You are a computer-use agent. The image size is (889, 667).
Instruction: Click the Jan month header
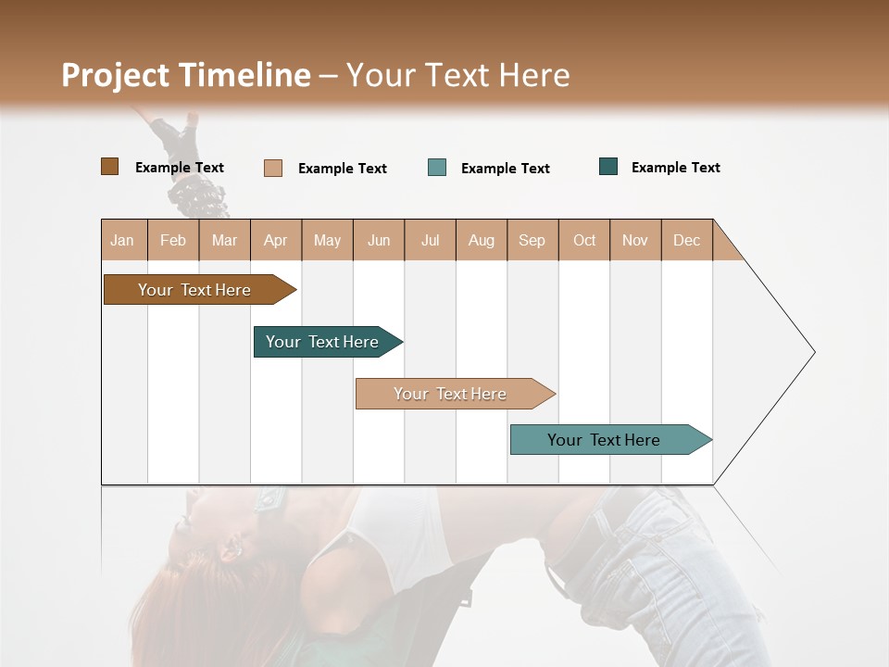pyautogui.click(x=123, y=240)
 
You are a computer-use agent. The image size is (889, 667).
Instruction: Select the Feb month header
pyautogui.click(x=173, y=240)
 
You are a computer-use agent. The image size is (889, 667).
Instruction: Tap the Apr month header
pyautogui.click(x=276, y=240)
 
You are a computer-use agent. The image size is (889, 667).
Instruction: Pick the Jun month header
pyautogui.click(x=379, y=240)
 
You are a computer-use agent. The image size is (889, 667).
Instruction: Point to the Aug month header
pyautogui.click(x=482, y=240)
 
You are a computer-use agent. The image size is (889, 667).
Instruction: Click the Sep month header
pyautogui.click(x=532, y=240)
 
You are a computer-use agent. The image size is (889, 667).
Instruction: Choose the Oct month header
pyautogui.click(x=584, y=240)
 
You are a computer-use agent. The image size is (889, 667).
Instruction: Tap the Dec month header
pyautogui.click(x=687, y=240)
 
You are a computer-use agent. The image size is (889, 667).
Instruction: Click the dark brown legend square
pyautogui.click(x=110, y=167)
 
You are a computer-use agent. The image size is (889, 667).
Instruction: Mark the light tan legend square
pyautogui.click(x=273, y=168)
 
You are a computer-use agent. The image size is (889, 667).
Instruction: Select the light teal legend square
pyautogui.click(x=437, y=168)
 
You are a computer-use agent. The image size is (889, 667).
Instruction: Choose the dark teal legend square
pyautogui.click(x=608, y=167)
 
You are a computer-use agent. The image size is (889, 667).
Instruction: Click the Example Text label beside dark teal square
pyautogui.click(x=675, y=168)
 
